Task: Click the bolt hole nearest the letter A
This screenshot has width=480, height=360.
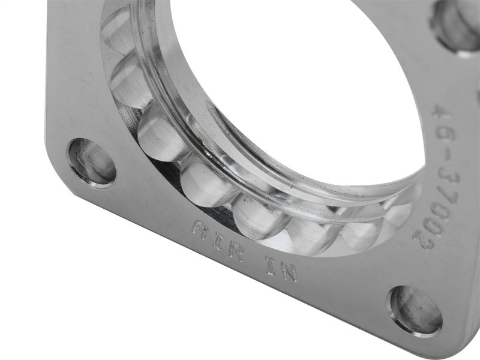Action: (x=92, y=161)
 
